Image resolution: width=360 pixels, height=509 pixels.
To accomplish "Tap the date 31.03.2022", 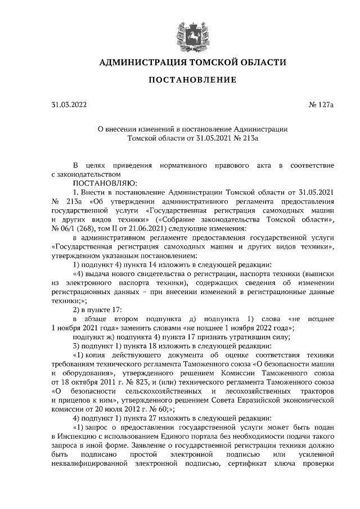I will (69, 105).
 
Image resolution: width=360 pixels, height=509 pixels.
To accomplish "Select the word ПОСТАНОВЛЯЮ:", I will (105, 182).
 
